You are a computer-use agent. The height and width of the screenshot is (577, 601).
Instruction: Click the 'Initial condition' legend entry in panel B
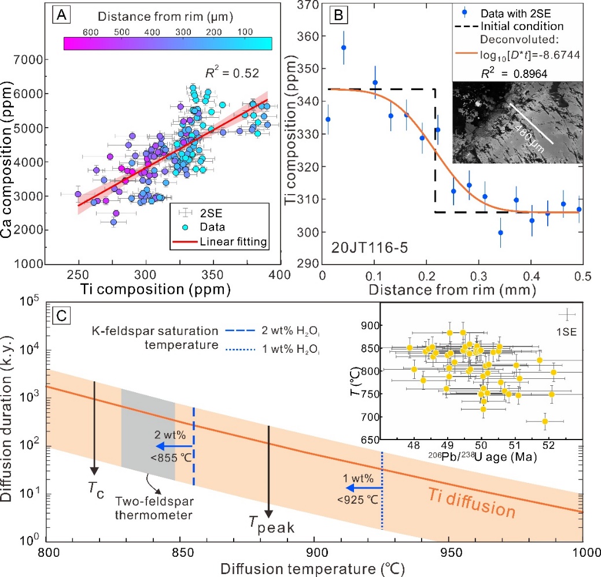click(x=529, y=26)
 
